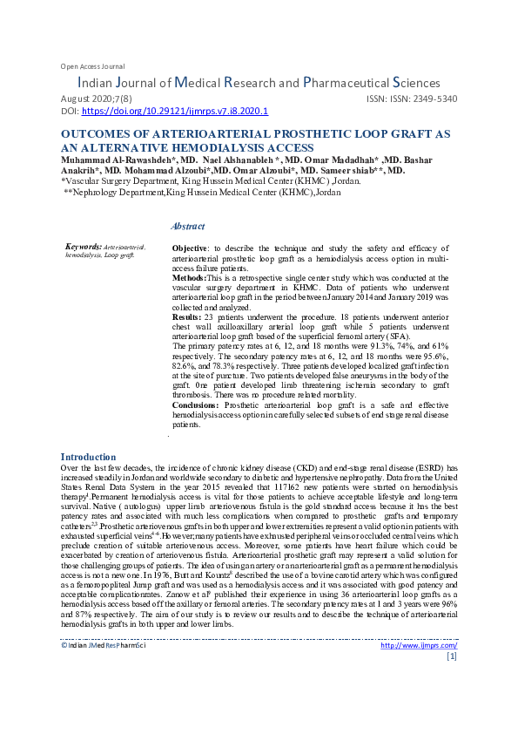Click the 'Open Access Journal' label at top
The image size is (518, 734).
(x=92, y=66)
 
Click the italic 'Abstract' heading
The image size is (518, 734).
(x=188, y=226)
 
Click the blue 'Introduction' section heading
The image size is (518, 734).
(x=88, y=457)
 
